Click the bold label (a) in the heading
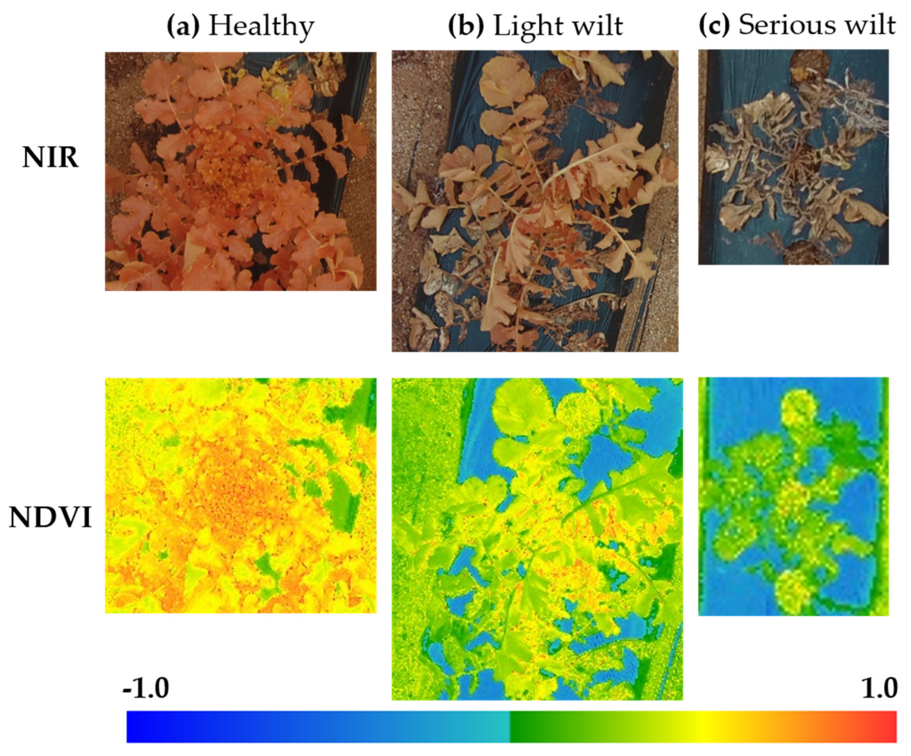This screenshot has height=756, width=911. tap(183, 26)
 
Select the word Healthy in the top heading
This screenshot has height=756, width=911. tap(261, 26)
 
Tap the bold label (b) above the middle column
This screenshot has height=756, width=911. tap(465, 26)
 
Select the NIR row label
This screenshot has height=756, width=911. tap(50, 158)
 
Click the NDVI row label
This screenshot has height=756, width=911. tap(50, 518)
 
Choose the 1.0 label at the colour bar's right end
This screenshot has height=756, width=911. tap(879, 688)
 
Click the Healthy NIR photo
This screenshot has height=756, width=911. tap(241, 171)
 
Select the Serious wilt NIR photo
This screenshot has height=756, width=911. tap(793, 157)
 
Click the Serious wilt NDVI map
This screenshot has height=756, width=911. tap(793, 496)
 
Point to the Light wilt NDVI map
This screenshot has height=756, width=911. tap(537, 539)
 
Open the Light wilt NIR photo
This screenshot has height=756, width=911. tap(535, 201)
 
